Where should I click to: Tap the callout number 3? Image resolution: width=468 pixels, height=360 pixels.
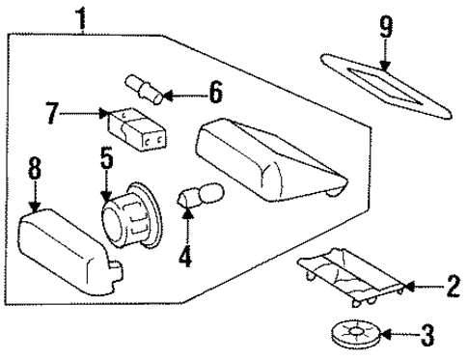pyautogui.click(x=427, y=336)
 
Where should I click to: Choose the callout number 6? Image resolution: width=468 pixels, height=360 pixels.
pyautogui.click(x=214, y=94)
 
